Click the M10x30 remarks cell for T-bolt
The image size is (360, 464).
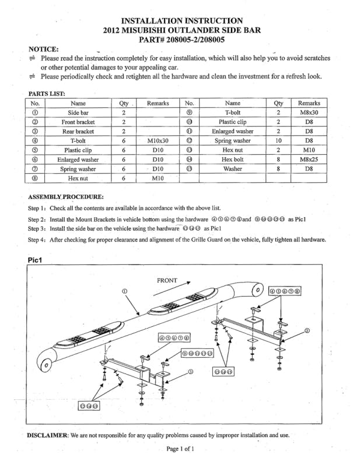(158, 141)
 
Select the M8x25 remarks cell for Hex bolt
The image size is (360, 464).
(309, 159)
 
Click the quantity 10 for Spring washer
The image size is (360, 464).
(278, 141)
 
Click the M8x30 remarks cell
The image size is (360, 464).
(309, 113)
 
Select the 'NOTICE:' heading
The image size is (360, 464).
(43, 49)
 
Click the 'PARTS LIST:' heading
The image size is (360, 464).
(47, 93)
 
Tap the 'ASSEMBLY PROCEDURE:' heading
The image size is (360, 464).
(66, 196)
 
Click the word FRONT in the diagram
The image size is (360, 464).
(167, 281)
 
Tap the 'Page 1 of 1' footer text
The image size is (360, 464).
(180, 449)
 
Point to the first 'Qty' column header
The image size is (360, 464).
(124, 103)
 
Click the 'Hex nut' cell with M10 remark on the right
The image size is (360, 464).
(232, 150)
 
